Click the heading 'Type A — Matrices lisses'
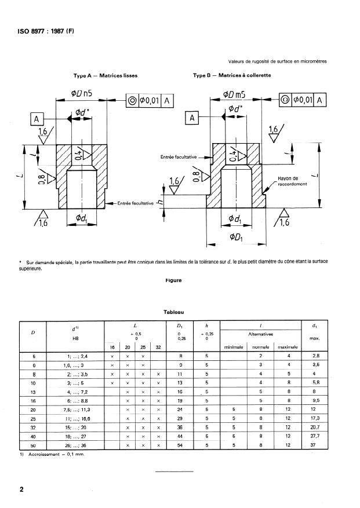point(105,75)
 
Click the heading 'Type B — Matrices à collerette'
point(232,75)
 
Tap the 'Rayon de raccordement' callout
point(288,181)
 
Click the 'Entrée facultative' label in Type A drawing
point(135,203)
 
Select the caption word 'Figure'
point(173,280)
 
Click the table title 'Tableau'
point(173,312)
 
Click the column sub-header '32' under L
point(158,347)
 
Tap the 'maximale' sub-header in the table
point(288,347)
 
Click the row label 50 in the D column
point(33,445)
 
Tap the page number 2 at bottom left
point(21,490)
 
